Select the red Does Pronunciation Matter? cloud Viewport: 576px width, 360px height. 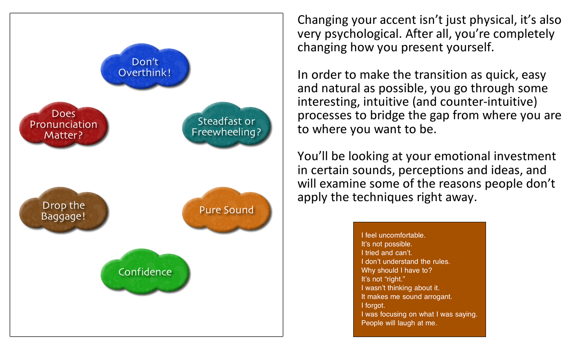point(63,125)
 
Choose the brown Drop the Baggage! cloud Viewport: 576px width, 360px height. point(63,210)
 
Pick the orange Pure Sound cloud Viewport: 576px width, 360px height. point(226,210)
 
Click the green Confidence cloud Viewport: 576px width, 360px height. point(145,271)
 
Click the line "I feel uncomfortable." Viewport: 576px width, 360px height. point(393,235)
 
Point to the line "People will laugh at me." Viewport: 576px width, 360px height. point(399,323)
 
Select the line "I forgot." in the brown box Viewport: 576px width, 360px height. point(373,306)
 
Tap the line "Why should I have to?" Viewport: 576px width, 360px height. point(396,270)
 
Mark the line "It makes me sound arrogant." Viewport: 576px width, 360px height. point(406,297)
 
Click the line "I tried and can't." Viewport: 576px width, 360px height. point(387,253)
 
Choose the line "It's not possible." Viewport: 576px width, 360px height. point(387,244)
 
